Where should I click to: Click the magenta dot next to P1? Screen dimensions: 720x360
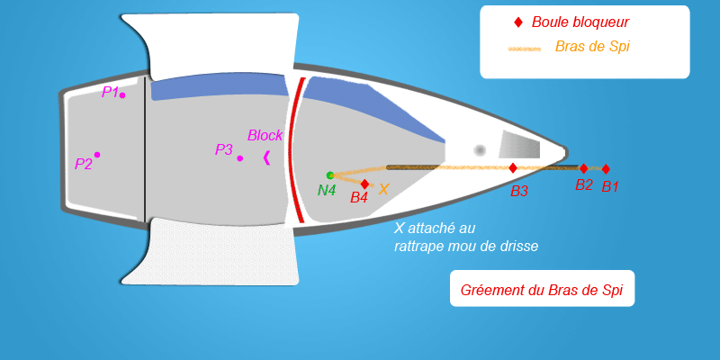coord(122,95)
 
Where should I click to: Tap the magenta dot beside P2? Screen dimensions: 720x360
coord(97,155)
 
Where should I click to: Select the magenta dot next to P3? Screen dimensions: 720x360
coord(239,158)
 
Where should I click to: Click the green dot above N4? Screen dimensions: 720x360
coord(330,175)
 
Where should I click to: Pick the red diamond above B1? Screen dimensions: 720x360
coord(606,169)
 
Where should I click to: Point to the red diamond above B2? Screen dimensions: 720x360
coord(583,168)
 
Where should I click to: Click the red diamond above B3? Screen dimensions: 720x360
coord(513,168)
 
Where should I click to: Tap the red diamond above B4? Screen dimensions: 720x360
coord(364,184)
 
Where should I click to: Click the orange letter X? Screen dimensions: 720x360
coord(383,189)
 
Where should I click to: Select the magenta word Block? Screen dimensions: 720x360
coord(265,136)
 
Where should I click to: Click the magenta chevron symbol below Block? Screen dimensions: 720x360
coord(266,157)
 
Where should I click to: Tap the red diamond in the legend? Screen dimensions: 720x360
coord(518,22)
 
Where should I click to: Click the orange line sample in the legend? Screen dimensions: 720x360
coord(525,49)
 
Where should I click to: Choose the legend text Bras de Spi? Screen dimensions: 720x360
coord(592,46)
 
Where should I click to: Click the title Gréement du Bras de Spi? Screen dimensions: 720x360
coord(542,290)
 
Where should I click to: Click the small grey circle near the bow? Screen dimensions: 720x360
coord(480,150)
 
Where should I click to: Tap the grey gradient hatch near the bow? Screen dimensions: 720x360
coord(519,144)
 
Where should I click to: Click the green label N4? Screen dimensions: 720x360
coord(327,190)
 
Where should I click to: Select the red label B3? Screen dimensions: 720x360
coord(519,192)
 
